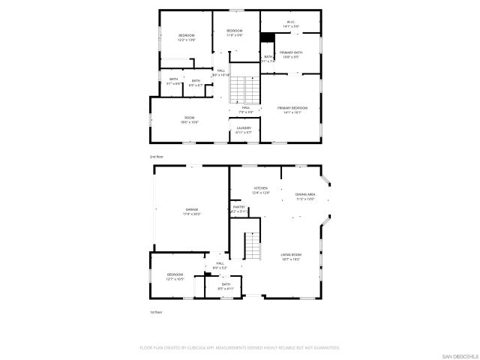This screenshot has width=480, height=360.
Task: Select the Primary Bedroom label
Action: click(292, 109)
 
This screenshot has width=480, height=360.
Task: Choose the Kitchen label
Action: click(261, 190)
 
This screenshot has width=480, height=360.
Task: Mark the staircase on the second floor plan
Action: click(238, 89)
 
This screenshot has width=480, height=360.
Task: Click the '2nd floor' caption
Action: click(156, 156)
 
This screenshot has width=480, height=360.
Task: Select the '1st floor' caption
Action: click(156, 311)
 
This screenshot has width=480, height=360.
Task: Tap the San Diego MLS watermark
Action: click(458, 354)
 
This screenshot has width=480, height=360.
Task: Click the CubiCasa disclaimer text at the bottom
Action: click(240, 348)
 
